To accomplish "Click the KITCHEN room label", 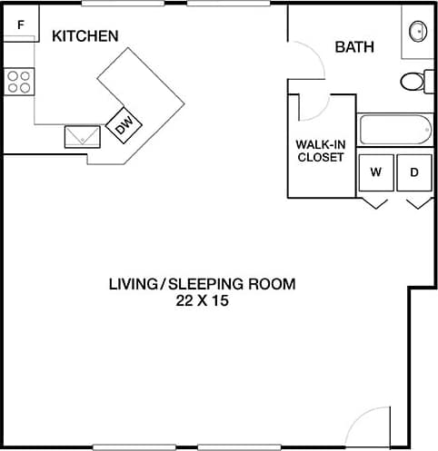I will (85, 36).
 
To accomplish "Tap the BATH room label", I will (354, 47).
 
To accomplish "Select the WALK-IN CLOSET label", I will (320, 150).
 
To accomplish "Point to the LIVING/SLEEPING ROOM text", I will (202, 284).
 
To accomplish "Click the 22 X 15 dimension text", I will (202, 300).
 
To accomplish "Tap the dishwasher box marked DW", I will (123, 125).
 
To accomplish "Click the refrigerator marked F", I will (20, 24).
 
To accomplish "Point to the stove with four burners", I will (19, 83).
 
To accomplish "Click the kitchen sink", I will (83, 136).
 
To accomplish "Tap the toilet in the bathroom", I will (414, 82).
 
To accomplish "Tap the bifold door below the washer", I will (375, 203).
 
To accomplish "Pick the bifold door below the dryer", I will (415, 203).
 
